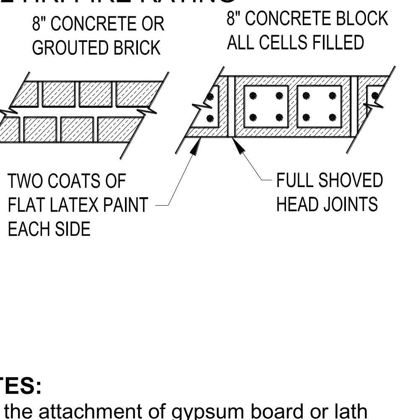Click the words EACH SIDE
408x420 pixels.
click(49, 229)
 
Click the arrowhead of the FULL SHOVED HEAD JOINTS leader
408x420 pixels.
click(238, 147)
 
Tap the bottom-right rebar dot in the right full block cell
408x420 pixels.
click(333, 117)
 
